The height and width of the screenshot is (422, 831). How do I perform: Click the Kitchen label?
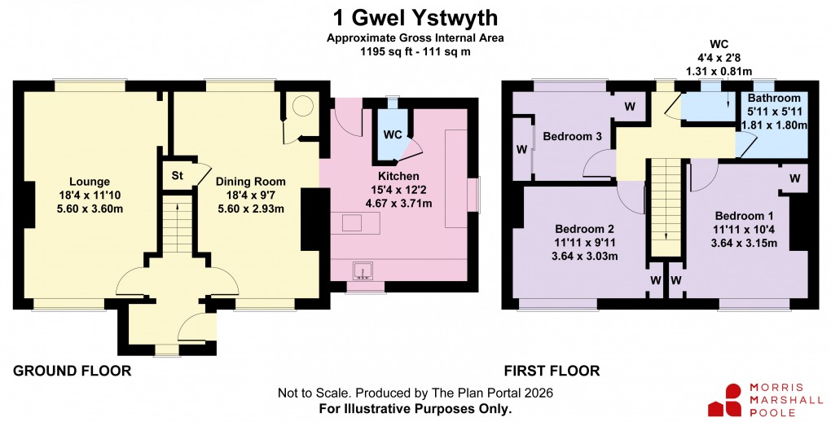pos(398,176)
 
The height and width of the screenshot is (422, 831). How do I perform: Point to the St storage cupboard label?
pos(176,174)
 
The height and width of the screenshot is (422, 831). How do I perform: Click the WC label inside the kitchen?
pos(392,134)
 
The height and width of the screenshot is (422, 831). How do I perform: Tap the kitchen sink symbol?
pos(360,270)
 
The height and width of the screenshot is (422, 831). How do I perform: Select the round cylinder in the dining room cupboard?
pos(302,106)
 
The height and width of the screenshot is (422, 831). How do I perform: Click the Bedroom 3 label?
pos(572,136)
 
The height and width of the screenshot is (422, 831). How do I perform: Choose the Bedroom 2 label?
pos(584,228)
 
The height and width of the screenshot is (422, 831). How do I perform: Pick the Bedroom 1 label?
pos(745,216)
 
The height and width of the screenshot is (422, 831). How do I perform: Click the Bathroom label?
pos(774,99)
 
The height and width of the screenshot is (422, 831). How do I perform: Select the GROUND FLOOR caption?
pos(73,371)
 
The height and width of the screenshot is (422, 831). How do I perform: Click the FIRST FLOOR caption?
pos(552,371)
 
